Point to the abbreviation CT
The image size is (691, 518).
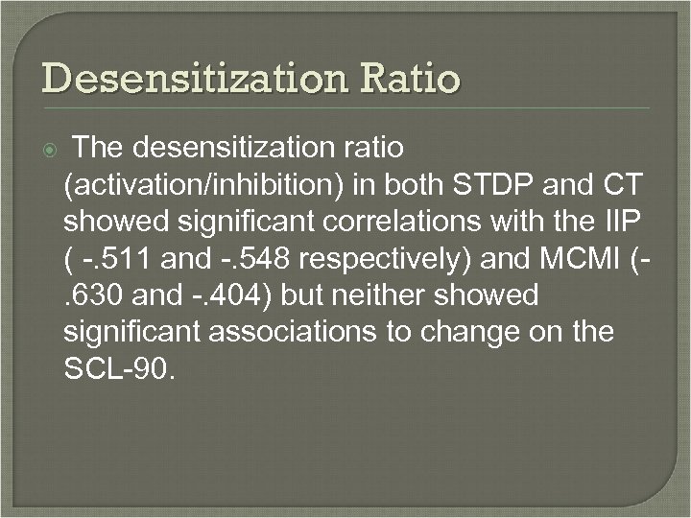[x=631, y=184]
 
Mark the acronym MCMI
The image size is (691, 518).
[x=584, y=258]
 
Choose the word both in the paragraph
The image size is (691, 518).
[x=426, y=184]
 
